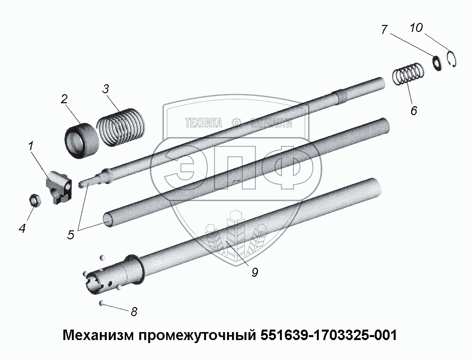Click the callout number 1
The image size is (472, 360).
pos(31,146)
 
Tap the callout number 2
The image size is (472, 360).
pos(64,99)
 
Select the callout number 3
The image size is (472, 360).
pos(105,89)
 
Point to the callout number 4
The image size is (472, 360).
pos(22,228)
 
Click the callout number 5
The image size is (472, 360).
pos(70,234)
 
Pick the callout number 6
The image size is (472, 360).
pos(414,111)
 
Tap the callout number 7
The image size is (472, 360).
pos(384,29)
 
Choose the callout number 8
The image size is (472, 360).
pos(134,312)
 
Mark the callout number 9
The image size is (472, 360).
pos(254,272)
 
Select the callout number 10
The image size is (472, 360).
pos(416,27)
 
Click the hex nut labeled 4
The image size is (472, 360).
pos(35,200)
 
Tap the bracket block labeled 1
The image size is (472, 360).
pos(59,187)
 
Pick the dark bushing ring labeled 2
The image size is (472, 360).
pos(82,141)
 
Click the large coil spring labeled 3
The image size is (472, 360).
pos(121,127)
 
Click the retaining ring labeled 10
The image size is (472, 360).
pos(455,59)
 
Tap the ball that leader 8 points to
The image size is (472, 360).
pos(102,303)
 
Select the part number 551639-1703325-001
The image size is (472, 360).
pos(328,335)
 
